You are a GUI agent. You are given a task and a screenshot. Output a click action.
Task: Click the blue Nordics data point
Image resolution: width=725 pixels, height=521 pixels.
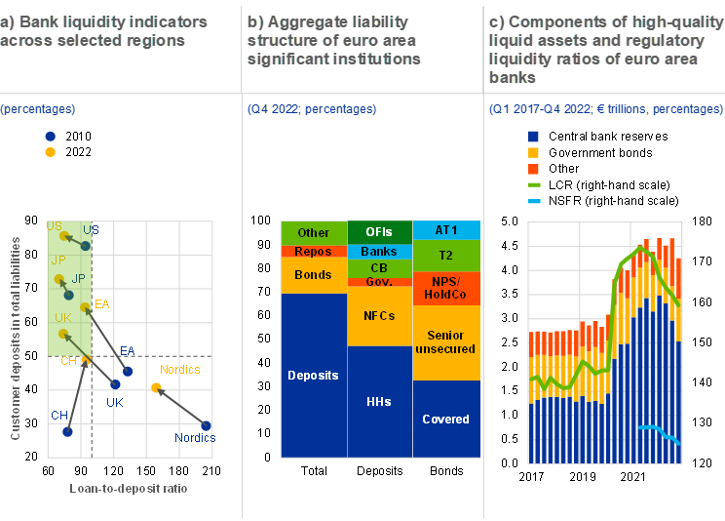[x=206, y=425]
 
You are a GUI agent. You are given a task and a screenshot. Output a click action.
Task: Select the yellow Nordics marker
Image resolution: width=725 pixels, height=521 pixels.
[x=156, y=388]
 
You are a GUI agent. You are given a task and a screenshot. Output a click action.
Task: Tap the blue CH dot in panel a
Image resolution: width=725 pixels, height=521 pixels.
[x=67, y=431]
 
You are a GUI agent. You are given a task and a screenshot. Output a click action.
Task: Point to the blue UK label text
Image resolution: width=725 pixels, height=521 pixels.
[x=114, y=402]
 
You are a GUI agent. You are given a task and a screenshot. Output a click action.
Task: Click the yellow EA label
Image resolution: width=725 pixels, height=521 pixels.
[x=101, y=305]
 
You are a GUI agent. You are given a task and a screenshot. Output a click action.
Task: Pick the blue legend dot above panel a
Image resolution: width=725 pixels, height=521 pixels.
[x=51, y=138]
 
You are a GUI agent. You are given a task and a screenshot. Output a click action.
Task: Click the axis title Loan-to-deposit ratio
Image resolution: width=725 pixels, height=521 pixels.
[x=129, y=488]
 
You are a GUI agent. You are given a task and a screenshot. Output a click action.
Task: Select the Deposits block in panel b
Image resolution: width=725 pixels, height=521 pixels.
[x=313, y=376]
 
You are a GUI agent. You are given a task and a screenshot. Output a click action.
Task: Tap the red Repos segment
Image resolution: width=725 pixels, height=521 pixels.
[x=313, y=252]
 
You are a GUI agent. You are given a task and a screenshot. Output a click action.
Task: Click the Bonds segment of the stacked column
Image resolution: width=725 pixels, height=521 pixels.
[x=313, y=275]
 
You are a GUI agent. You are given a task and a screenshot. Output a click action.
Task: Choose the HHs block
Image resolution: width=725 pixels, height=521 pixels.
[x=379, y=401]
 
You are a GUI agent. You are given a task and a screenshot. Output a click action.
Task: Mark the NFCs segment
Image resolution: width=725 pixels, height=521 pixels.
[x=379, y=316]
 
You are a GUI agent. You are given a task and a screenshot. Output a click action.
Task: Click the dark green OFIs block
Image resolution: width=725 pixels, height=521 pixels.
[x=379, y=232]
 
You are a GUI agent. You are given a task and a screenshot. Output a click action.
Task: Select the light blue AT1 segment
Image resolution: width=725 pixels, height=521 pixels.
[x=446, y=230]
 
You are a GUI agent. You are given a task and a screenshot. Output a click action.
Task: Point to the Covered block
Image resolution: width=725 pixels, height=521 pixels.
[x=446, y=420]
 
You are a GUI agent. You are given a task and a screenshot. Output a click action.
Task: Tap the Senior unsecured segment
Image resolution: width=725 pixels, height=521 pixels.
[x=446, y=342]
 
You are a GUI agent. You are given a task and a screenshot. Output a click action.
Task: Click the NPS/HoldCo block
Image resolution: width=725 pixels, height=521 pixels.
[x=446, y=288]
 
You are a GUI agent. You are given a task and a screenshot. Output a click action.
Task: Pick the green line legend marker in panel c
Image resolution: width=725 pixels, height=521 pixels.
[x=534, y=184]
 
